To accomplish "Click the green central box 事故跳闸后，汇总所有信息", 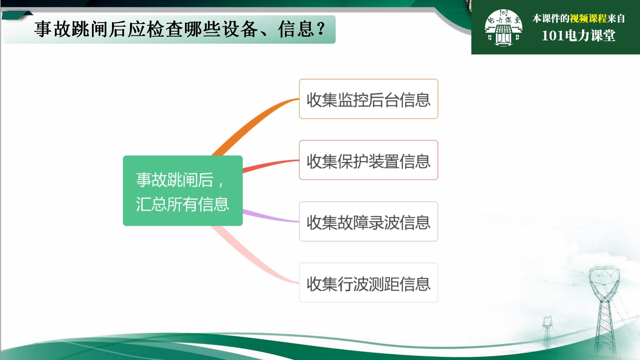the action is click(183, 191).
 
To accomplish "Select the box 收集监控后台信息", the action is click(368, 99).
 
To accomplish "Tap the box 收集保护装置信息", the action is click(368, 160).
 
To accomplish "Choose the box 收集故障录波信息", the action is click(368, 221).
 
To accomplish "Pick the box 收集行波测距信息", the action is click(368, 283).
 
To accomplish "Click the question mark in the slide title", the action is click(321, 29).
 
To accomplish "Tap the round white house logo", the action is click(503, 27).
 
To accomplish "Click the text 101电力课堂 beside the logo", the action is click(579, 36).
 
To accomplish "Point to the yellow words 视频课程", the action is click(588, 19).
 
